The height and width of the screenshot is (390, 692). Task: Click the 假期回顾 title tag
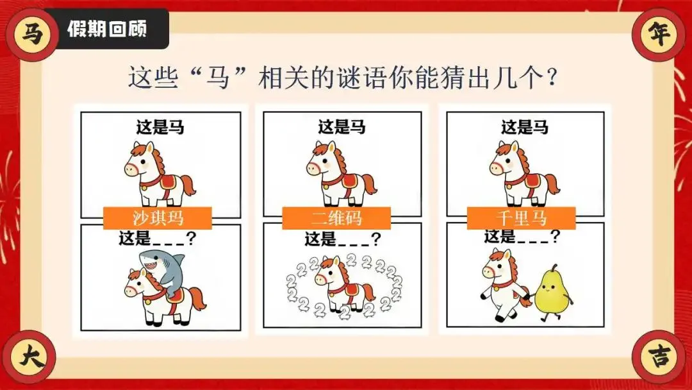coord(106,29)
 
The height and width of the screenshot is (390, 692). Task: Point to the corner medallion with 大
coord(30,357)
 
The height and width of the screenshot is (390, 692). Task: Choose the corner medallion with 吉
coord(659,357)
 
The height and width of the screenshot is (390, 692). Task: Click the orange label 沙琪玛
coord(158,218)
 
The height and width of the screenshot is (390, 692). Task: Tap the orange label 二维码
coord(336,218)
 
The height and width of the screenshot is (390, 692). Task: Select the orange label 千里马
coord(521,218)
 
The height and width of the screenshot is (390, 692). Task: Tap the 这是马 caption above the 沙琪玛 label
coord(160,128)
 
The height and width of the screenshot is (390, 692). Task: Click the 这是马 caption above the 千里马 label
coord(524,128)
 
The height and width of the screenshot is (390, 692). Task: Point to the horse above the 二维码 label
coord(342,174)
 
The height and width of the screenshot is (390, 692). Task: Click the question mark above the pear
coord(555,236)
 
